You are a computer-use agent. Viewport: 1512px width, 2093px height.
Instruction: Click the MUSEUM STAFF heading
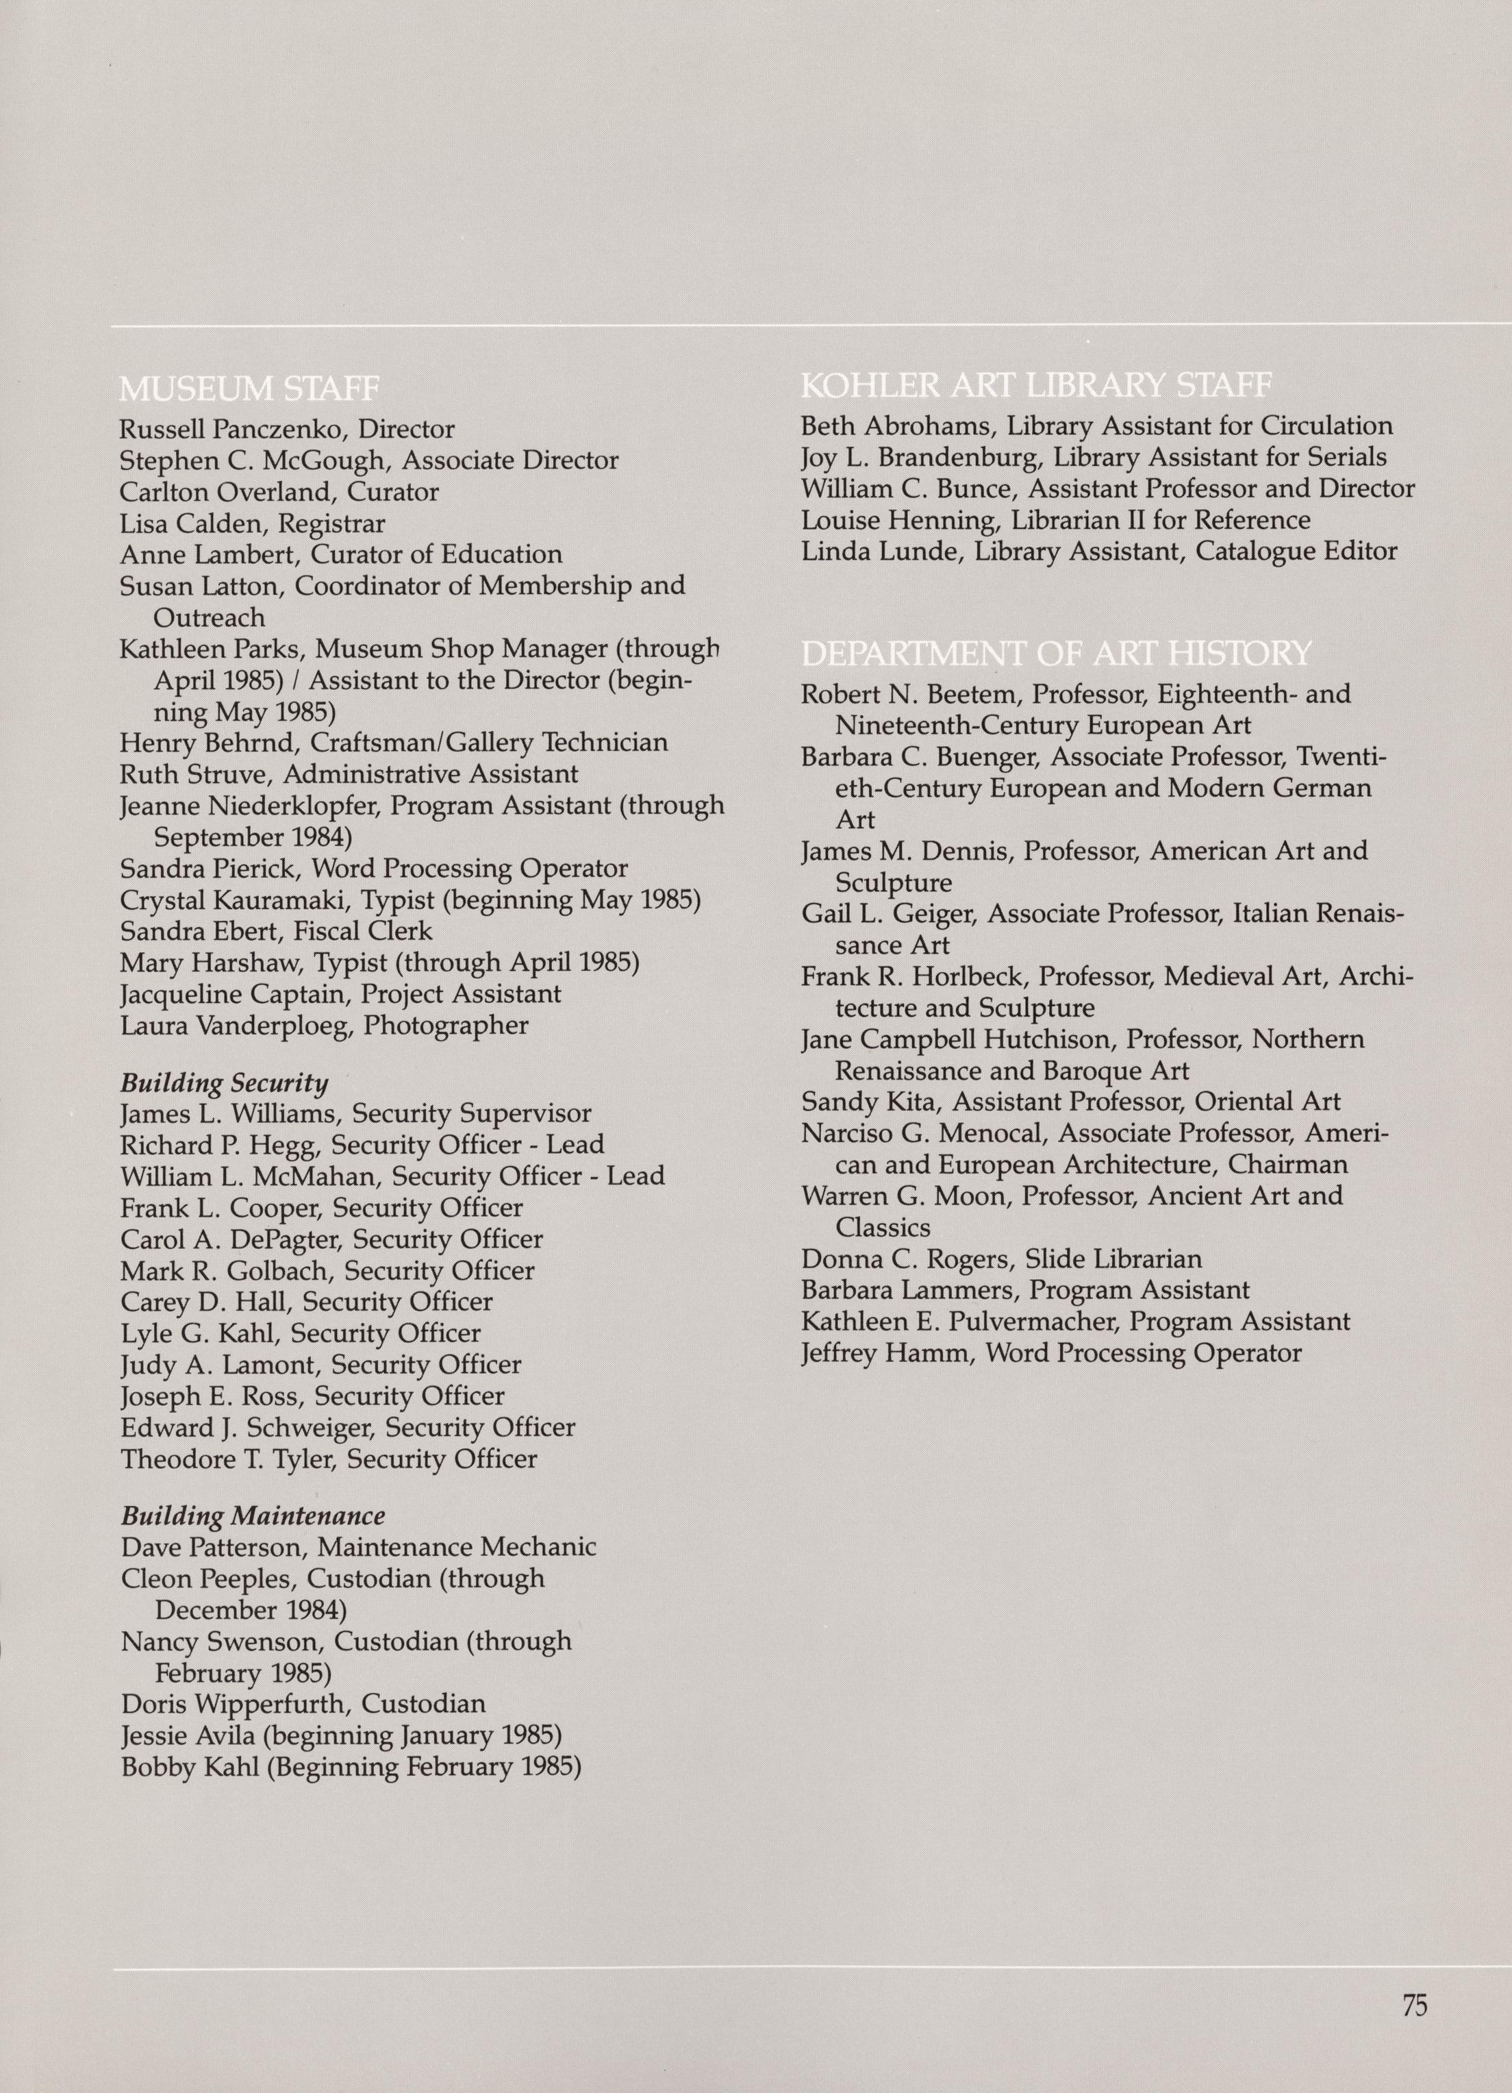(249, 388)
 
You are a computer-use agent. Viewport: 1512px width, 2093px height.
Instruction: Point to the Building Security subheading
(224, 1082)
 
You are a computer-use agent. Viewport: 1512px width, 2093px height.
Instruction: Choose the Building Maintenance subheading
(253, 1515)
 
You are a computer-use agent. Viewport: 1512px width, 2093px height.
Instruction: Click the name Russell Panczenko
(234, 429)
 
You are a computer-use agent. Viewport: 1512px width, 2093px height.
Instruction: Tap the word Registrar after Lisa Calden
(331, 523)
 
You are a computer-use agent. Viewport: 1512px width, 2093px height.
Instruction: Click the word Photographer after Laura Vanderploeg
(446, 1026)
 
